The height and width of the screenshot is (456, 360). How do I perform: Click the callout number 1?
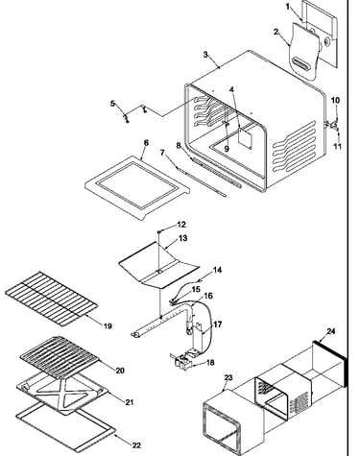click(288, 6)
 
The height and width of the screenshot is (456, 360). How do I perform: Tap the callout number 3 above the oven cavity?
click(205, 55)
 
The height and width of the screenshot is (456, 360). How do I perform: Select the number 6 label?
click(146, 143)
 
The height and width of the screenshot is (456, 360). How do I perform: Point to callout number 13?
click(183, 238)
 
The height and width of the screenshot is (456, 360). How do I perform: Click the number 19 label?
click(108, 326)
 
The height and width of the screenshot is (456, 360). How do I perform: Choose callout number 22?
click(136, 445)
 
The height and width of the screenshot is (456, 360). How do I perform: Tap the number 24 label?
click(331, 331)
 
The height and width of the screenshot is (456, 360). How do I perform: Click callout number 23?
click(228, 378)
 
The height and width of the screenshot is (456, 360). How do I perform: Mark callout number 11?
click(337, 146)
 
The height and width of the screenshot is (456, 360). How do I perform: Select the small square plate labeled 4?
click(245, 137)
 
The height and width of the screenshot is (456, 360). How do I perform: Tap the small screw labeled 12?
click(158, 231)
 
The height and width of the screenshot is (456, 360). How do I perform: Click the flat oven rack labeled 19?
click(51, 299)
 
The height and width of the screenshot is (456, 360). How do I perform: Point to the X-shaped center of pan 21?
click(63, 393)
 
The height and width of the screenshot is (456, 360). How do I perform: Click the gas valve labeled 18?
click(182, 362)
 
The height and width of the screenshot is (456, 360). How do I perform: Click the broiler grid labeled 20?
click(60, 357)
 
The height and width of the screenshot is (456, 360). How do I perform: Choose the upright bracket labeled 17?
click(199, 339)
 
